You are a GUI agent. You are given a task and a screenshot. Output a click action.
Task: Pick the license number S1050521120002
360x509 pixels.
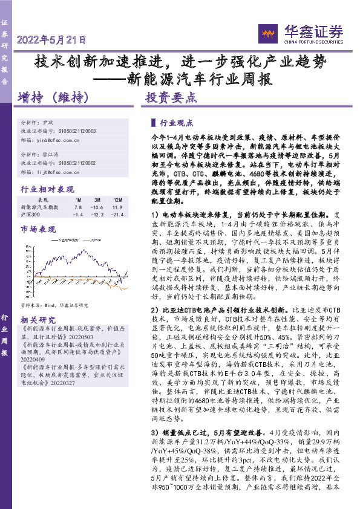(79, 163)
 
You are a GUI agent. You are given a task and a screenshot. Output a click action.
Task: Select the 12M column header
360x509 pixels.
(118, 199)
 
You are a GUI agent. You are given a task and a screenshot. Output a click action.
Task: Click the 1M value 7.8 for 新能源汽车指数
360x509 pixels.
(78, 207)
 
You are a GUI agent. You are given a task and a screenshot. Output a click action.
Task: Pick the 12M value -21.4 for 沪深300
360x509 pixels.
(117, 214)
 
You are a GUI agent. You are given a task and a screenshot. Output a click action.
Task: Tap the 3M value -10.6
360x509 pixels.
(98, 207)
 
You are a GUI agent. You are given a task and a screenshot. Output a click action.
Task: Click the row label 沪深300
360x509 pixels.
(31, 214)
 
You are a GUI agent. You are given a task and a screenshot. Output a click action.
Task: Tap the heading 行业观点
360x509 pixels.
(176, 121)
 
